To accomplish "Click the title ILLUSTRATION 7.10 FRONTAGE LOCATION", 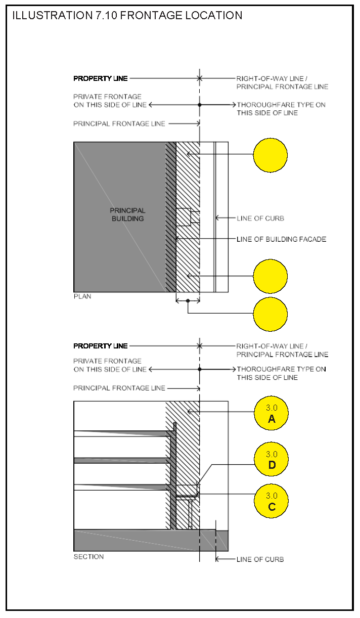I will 127,15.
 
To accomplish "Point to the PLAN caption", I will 82,296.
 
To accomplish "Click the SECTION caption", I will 88,557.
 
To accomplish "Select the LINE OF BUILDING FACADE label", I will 281,239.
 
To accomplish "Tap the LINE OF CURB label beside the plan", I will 260,218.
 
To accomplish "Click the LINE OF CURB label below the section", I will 260,559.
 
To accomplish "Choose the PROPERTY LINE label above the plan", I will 101,78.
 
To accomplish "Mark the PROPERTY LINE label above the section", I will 101,346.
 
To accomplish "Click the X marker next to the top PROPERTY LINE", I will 200,78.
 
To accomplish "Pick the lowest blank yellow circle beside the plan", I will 270,314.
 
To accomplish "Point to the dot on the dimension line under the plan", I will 188,301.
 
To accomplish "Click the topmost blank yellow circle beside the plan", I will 270,155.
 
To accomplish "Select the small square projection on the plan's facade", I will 183,217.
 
